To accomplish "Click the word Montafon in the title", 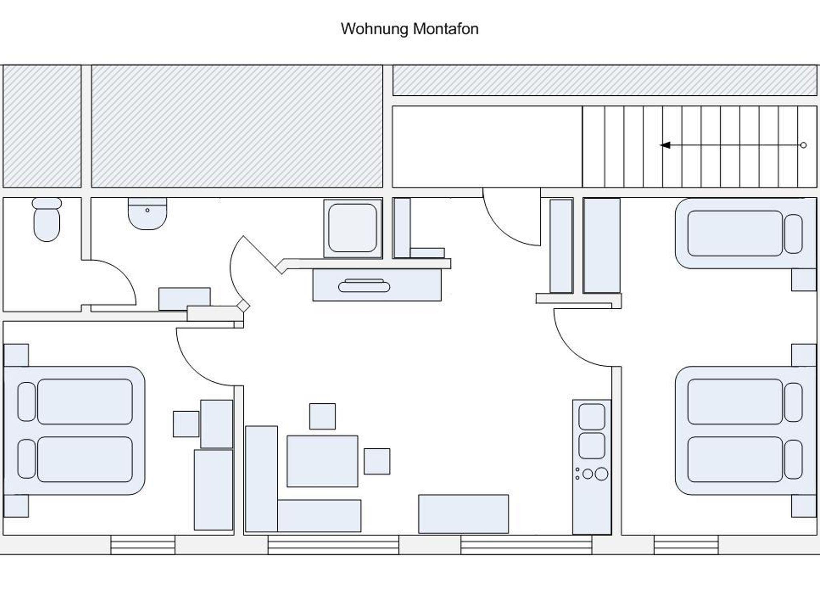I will coord(445,29).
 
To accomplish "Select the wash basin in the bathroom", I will coord(147,214).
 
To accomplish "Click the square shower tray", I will coord(352,228).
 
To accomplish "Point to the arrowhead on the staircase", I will coord(665,145).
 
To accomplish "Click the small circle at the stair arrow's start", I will coord(803,145).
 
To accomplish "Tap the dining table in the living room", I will coord(322,461).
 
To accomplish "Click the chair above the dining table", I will coord(322,417).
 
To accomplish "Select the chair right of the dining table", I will coord(377,461).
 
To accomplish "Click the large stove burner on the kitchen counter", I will coord(601,474).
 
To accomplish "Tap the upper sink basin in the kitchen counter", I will coord(592,417).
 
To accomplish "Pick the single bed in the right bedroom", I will coord(745,234).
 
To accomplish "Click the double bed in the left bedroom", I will coord(74,431).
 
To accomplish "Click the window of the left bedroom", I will coord(143,545).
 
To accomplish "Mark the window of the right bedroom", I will coord(686,545).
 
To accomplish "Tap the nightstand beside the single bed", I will coord(803,280).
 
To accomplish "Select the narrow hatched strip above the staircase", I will coord(604,81).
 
